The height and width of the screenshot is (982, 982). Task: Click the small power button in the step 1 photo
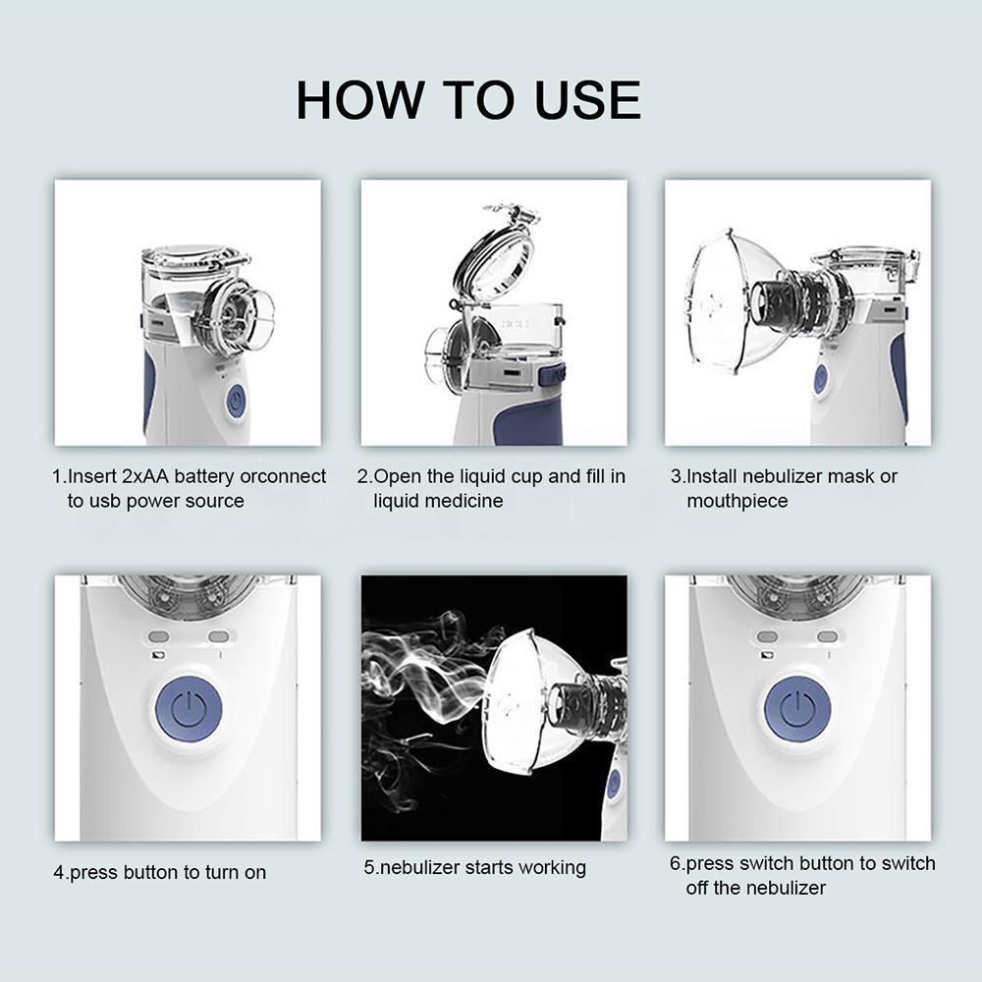click(235, 401)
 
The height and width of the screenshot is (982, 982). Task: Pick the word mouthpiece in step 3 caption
click(736, 501)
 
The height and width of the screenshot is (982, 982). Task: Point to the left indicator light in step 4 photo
click(160, 637)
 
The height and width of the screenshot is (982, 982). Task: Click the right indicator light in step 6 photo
click(827, 637)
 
